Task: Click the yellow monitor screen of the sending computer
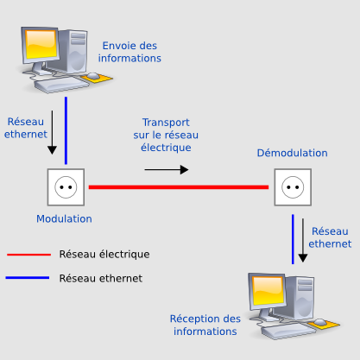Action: pos(41,44)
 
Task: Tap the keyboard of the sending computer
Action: pos(61,85)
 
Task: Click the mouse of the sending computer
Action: pos(93,76)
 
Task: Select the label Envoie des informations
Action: pos(129,52)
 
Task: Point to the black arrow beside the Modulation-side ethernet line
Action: pos(52,132)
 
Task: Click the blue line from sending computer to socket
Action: pos(66,130)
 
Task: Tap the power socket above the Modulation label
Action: pos(66,187)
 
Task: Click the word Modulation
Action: pos(64,219)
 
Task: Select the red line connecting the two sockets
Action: pos(179,187)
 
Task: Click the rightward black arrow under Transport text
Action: pos(167,170)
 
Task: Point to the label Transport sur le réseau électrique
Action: pos(166,135)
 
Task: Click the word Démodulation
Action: pos(292,153)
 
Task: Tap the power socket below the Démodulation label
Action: pos(293,187)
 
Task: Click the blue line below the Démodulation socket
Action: pos(293,239)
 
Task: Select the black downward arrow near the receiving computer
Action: pos(303,240)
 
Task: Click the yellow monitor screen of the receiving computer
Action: pos(268,291)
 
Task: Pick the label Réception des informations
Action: pos(205,325)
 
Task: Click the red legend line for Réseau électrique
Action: pos(28,255)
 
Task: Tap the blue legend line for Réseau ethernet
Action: pos(28,278)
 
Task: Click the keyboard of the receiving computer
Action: pos(288,331)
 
